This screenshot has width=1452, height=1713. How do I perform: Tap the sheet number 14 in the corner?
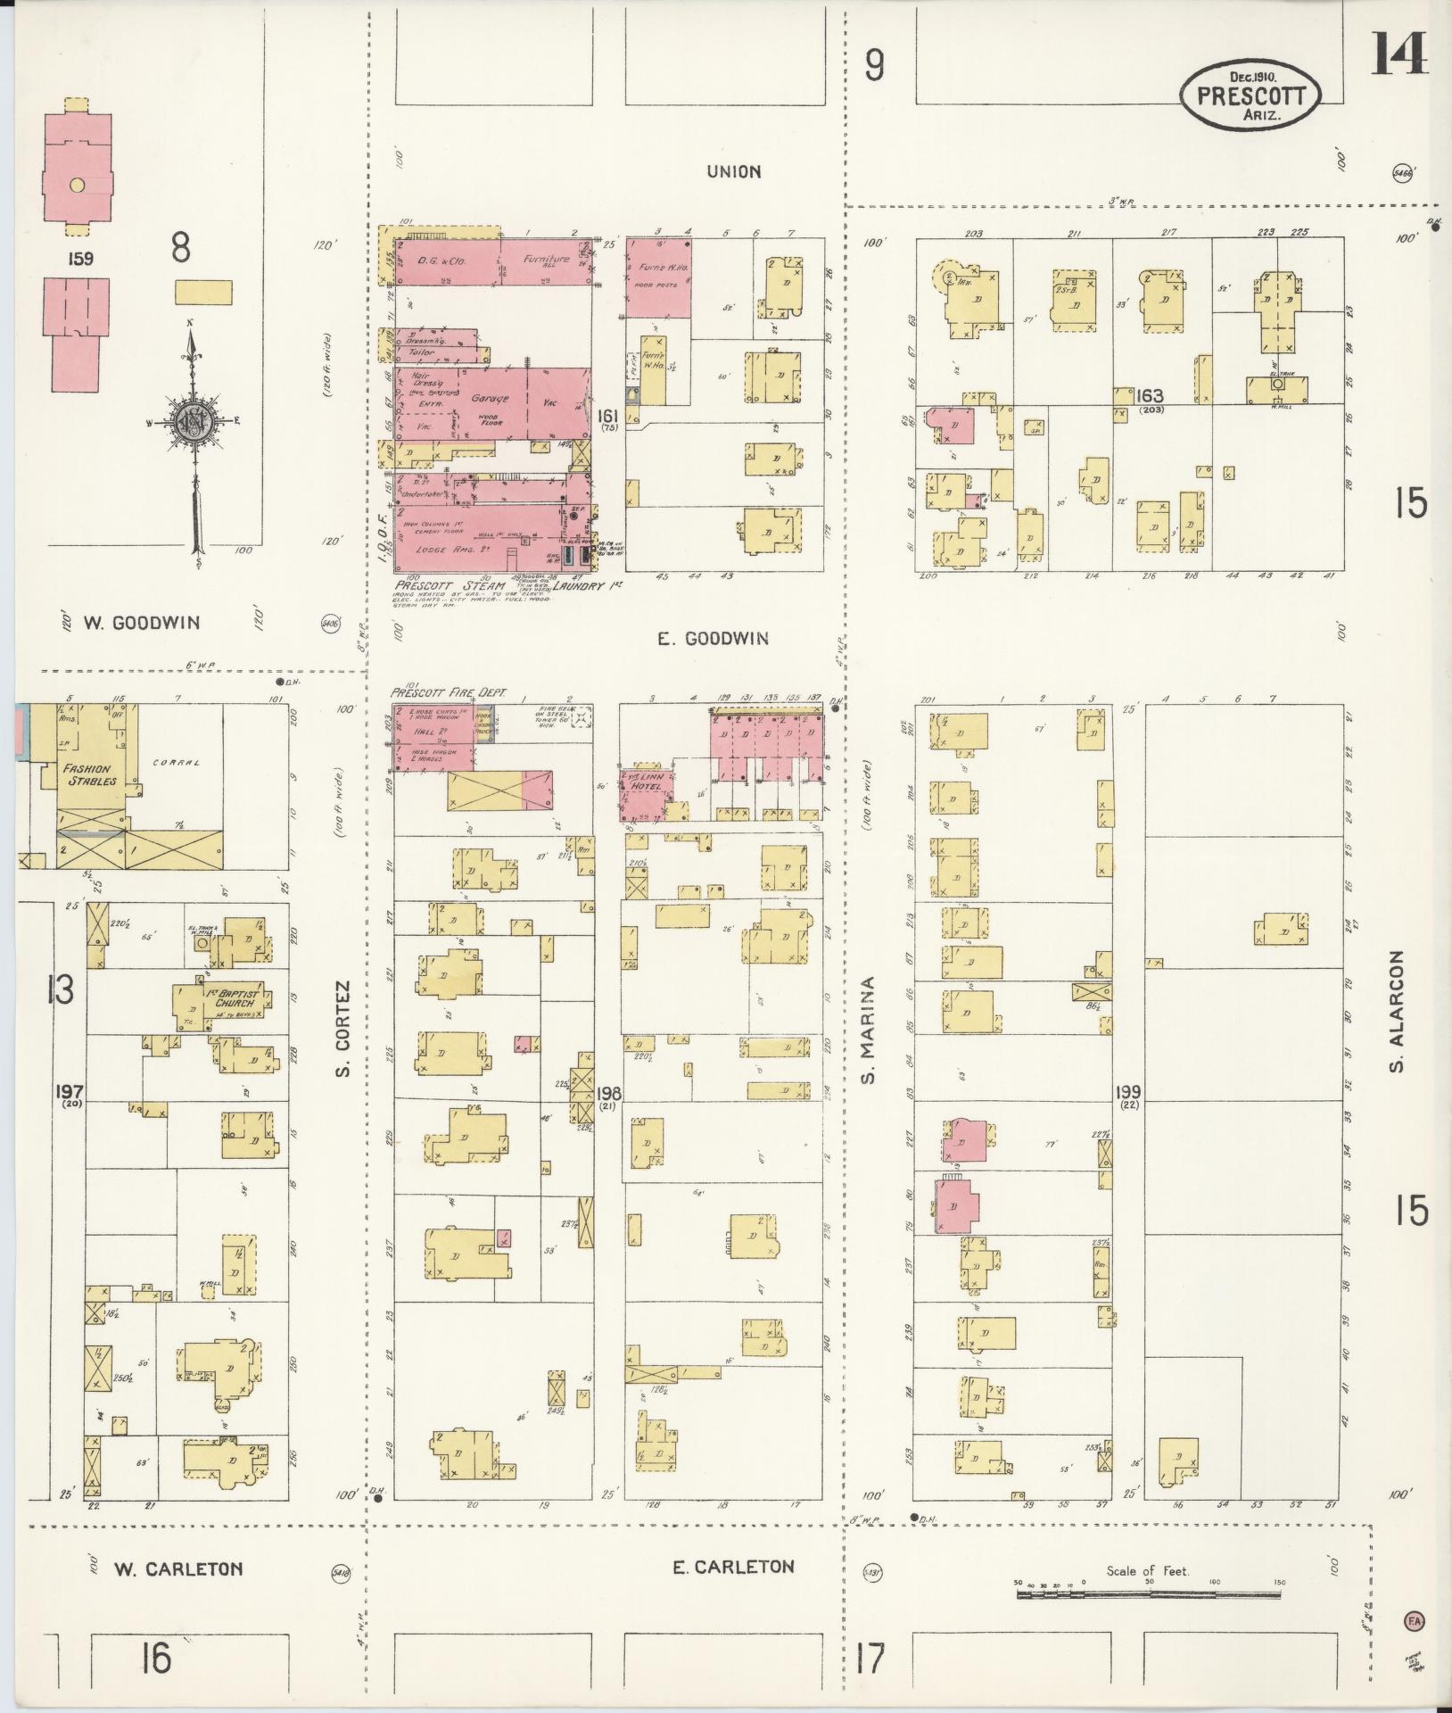point(1398,54)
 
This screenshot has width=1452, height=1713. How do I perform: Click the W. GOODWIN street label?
point(143,623)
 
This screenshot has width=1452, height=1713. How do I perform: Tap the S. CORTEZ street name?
point(343,1028)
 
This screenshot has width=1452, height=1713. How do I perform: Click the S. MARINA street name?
point(868,1030)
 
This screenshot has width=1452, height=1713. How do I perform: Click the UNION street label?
point(734,171)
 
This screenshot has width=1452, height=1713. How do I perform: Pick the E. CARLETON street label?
point(732,1566)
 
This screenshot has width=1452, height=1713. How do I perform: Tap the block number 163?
point(1150,394)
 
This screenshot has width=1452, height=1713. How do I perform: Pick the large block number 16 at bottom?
point(154,1658)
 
